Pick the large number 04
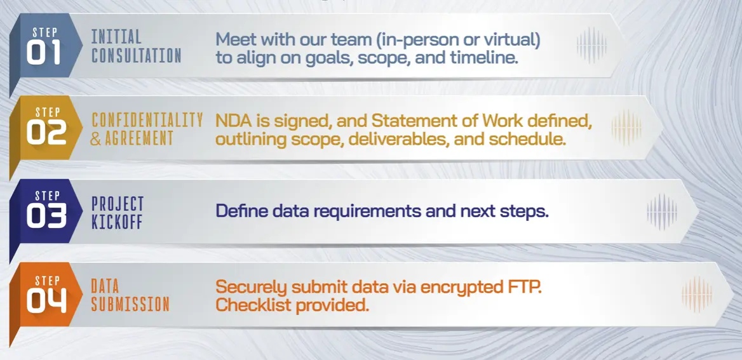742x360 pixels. click(x=46, y=302)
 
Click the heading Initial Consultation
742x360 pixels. click(x=137, y=46)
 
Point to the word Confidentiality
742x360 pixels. click(x=147, y=120)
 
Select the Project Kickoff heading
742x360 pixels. click(x=118, y=213)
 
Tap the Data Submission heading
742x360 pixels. click(x=130, y=295)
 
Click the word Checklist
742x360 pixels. click(x=253, y=305)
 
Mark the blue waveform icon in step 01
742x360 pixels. click(x=591, y=46)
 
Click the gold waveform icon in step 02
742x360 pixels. click(x=626, y=128)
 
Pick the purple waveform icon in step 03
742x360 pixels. click(x=661, y=211)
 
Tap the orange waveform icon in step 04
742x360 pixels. click(x=696, y=295)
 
